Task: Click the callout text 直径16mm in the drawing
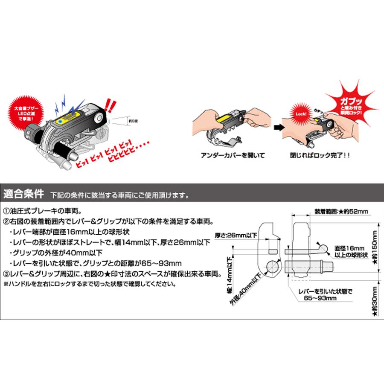pyautogui.click(x=346, y=247)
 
